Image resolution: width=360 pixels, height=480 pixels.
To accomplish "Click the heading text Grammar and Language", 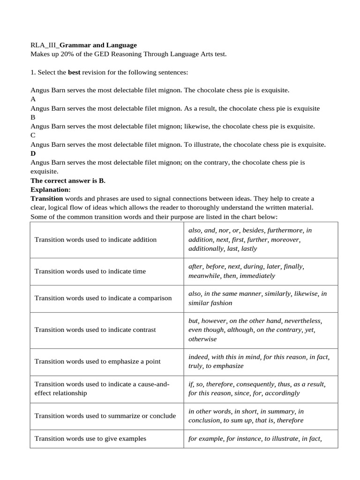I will coord(98,45).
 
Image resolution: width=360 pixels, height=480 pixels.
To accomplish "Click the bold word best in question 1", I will coord(75,73).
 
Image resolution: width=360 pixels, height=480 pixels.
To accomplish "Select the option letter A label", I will coord(33,99).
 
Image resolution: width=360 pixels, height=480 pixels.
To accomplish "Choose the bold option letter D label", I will coord(33,153).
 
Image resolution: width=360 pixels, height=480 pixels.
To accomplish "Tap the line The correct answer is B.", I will coord(68,180).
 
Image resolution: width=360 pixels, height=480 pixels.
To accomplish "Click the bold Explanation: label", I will coord(50,189).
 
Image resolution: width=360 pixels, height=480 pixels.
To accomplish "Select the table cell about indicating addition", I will coord(96,240).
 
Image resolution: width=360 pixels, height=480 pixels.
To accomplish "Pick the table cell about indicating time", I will coord(90,271).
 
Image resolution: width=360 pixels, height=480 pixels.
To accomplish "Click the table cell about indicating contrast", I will coord(95,330).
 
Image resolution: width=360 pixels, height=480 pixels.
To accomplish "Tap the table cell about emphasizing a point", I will coord(97,361).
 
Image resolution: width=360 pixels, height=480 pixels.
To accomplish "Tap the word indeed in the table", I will coord(197,357).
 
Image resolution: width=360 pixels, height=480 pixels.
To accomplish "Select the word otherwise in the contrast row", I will coord(202,339).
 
